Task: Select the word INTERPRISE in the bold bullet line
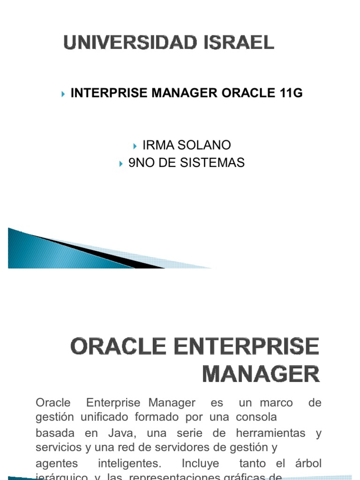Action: coord(109,93)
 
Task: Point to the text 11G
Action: coord(291,93)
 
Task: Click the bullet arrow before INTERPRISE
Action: coord(63,94)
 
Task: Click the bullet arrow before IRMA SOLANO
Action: coord(135,146)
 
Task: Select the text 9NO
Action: coord(142,163)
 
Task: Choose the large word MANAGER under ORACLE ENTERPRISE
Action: coord(261,375)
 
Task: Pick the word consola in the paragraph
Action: coord(257,417)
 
